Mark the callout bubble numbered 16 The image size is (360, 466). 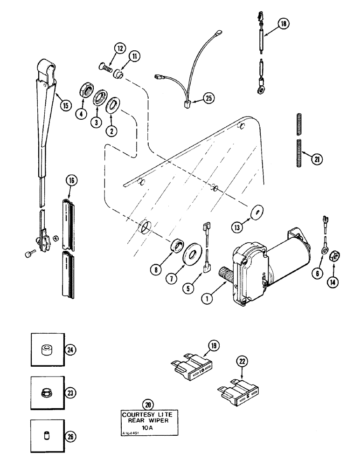[72, 179]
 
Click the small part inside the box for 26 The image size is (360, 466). [46, 436]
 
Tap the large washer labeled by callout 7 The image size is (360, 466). [191, 255]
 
